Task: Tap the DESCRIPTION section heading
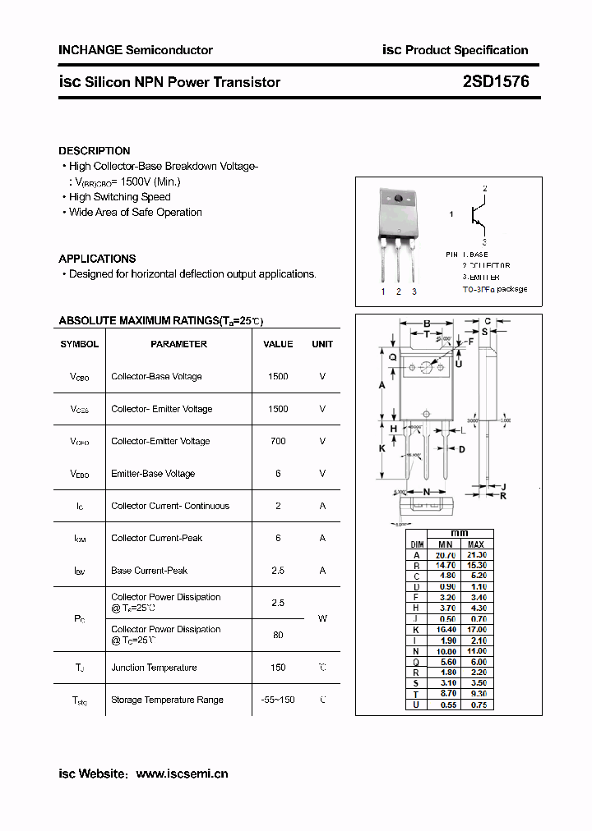click(94, 151)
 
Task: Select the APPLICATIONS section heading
click(97, 259)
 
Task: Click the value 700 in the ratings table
click(278, 441)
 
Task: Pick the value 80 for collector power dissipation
click(278, 634)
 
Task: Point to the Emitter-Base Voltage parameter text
click(153, 474)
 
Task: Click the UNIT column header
click(322, 344)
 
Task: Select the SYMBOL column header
click(80, 344)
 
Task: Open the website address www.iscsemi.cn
click(182, 774)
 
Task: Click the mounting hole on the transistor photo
click(399, 199)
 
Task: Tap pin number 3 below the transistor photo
click(414, 292)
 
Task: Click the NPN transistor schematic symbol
click(478, 215)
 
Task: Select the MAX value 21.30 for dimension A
click(476, 555)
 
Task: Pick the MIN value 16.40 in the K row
click(445, 630)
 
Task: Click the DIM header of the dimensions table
click(417, 544)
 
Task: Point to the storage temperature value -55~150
click(278, 700)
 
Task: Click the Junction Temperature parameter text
click(154, 668)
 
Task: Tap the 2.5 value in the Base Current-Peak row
click(278, 571)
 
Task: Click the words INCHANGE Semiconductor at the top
click(136, 50)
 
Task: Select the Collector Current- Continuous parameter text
click(170, 506)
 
